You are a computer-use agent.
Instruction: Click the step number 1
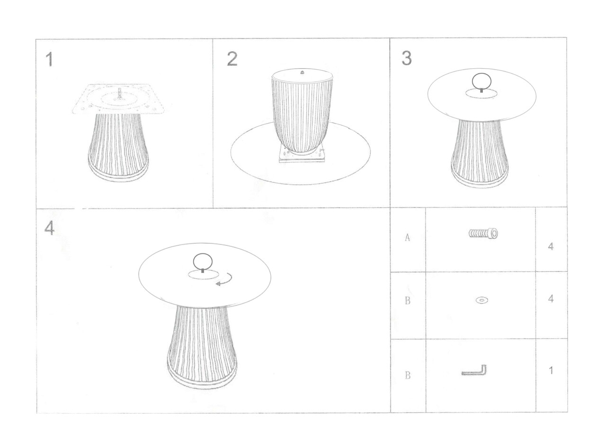(x=49, y=59)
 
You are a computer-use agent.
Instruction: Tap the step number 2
(x=232, y=59)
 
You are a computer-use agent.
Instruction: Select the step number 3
(x=407, y=58)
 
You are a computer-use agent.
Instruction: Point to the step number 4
(x=49, y=228)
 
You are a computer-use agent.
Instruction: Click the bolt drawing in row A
(x=483, y=234)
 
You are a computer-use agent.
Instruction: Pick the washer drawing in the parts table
(x=482, y=300)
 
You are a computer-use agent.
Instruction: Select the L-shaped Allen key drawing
(x=474, y=370)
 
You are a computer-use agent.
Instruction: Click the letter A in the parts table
(x=408, y=237)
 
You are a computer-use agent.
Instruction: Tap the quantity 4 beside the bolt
(x=551, y=246)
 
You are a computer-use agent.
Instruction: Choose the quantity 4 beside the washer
(x=551, y=298)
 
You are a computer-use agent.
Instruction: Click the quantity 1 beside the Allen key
(x=551, y=370)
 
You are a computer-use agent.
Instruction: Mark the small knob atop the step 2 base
(x=303, y=72)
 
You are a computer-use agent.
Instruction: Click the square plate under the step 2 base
(x=302, y=156)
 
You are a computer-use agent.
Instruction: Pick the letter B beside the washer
(x=408, y=300)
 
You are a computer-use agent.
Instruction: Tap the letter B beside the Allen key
(x=408, y=375)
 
